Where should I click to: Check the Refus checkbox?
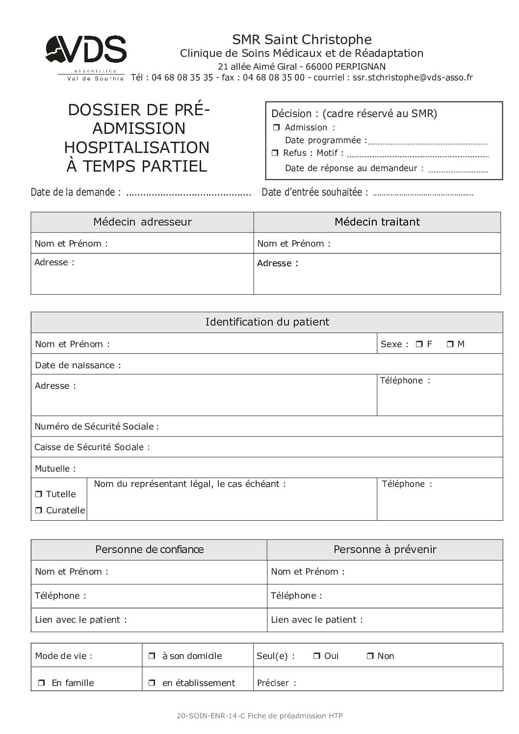[276, 153]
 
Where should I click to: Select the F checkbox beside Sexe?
[419, 344]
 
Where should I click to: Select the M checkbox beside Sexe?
[450, 344]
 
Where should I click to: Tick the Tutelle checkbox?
[39, 494]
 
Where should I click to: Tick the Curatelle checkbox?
[39, 510]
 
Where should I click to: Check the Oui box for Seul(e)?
[316, 656]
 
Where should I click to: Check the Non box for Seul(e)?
[370, 656]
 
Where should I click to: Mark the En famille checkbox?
[42, 683]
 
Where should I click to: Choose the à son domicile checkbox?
[152, 656]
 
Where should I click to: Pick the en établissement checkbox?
[152, 683]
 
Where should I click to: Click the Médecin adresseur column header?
[142, 222]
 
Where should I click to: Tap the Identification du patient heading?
[267, 322]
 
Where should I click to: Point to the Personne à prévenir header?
[385, 550]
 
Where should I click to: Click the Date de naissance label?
[78, 365]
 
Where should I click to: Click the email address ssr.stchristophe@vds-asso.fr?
[413, 77]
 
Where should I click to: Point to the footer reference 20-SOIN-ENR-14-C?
[211, 716]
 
